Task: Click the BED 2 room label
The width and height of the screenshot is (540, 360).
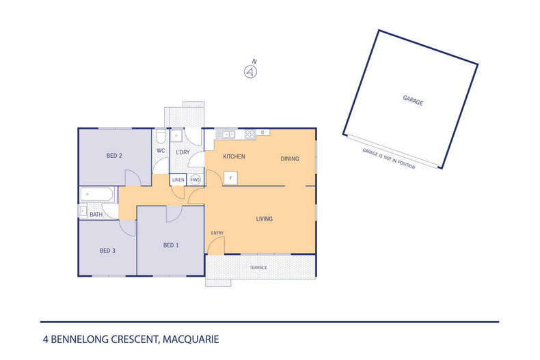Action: [114, 156]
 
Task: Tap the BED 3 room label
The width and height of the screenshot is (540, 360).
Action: [107, 251]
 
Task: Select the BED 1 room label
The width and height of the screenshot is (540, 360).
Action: [171, 245]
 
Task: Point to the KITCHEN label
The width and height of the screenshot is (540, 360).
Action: [234, 157]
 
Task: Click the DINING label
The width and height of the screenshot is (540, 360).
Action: [290, 158]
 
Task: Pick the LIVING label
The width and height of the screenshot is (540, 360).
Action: [265, 219]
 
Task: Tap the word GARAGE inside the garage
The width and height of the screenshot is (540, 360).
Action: [412, 101]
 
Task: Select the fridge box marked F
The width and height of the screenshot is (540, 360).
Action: [231, 179]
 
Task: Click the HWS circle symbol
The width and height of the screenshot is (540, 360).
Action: [195, 180]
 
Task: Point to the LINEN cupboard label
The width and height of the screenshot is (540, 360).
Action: [178, 180]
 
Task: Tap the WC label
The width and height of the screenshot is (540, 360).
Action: [161, 151]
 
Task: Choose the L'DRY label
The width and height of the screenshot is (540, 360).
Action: [183, 151]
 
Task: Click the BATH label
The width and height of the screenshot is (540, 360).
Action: [96, 214]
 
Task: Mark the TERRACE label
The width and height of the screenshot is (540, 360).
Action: [258, 267]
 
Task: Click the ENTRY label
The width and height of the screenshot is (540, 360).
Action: [217, 233]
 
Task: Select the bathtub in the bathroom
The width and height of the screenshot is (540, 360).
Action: [98, 195]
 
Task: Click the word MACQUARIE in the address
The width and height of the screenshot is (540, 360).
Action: [189, 339]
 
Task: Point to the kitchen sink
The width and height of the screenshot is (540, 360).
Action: [225, 134]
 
